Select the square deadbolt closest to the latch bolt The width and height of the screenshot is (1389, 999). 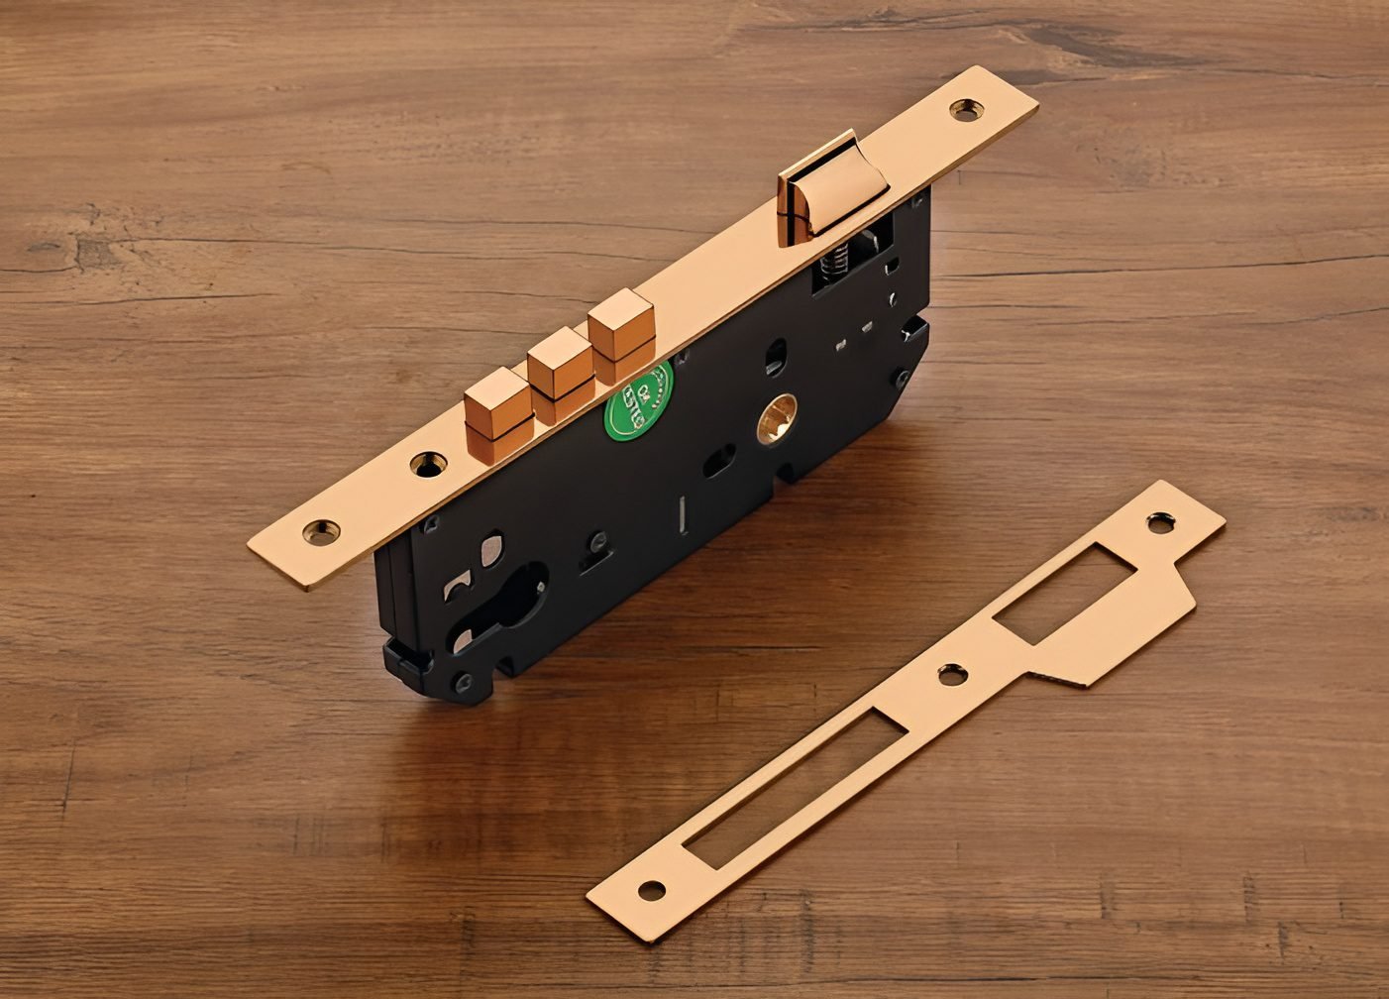tap(621, 328)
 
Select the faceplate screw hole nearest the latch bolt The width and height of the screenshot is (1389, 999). tap(963, 109)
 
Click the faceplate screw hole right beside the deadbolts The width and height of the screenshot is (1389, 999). tap(427, 463)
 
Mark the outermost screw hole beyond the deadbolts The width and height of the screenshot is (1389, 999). tap(321, 531)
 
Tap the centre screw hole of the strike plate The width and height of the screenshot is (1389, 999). tap(951, 675)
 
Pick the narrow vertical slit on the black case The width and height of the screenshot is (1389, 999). tap(683, 513)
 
